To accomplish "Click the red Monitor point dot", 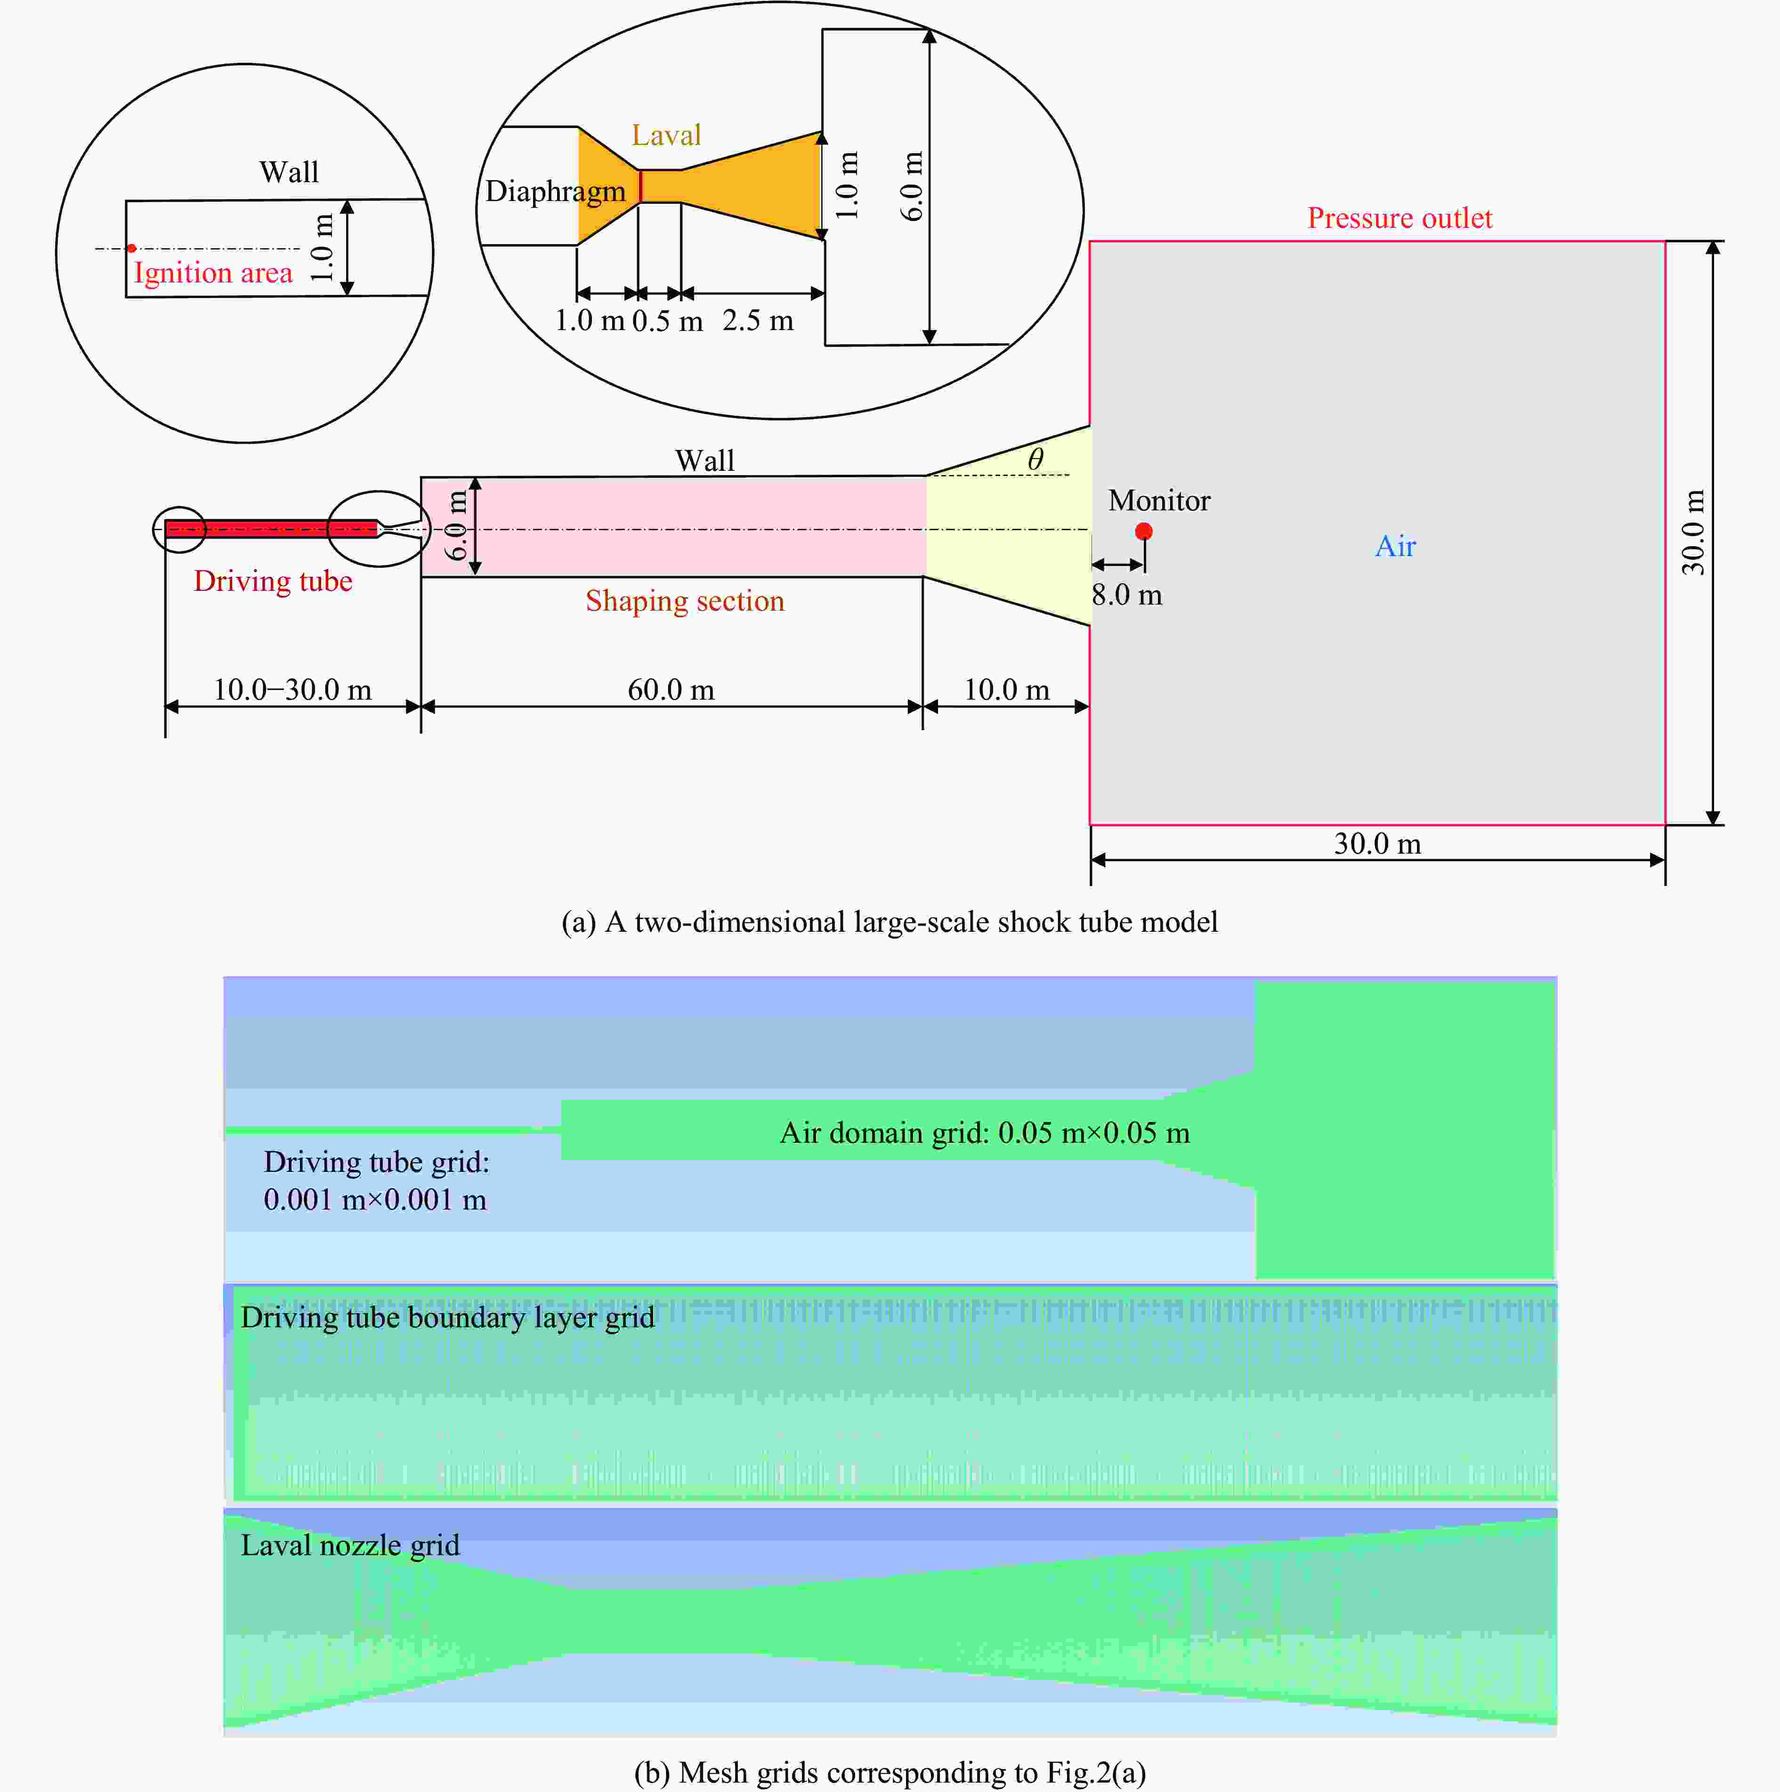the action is (x=1144, y=532).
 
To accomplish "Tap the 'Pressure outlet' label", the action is (x=1400, y=218).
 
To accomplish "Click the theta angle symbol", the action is (x=1035, y=458).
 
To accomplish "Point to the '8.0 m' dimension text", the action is (x=1127, y=595).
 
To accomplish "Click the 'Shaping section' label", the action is (x=685, y=601).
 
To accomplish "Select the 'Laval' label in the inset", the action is (x=666, y=136).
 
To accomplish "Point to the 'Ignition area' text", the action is (x=213, y=273).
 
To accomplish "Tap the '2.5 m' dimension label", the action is (x=758, y=321).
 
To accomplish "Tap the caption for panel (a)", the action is (x=890, y=922).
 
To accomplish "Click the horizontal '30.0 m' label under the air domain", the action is (x=1377, y=844).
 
